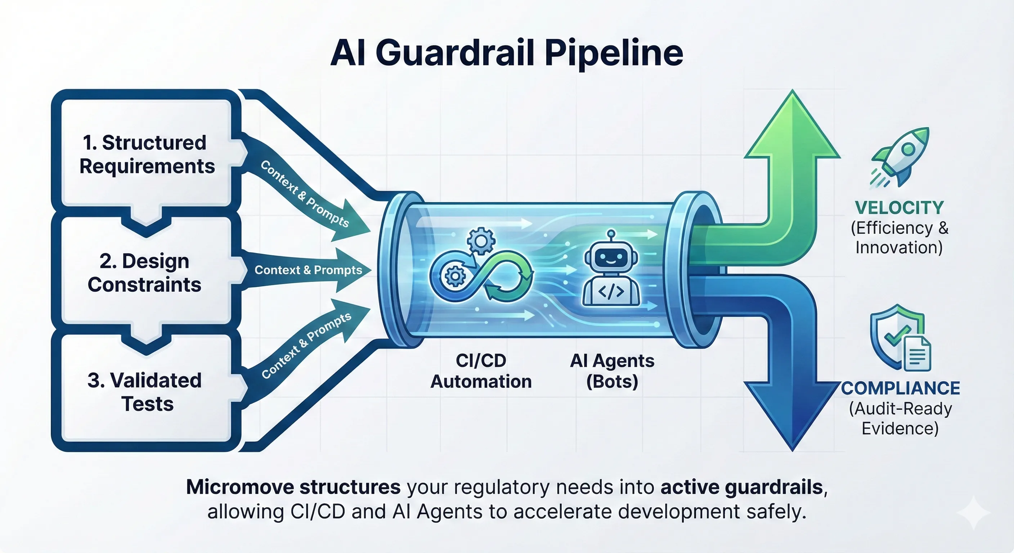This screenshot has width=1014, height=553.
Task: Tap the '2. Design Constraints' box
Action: pyautogui.click(x=145, y=273)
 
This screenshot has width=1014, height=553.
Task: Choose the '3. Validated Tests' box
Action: pyautogui.click(x=145, y=392)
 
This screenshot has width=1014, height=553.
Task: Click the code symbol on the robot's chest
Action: pyautogui.click(x=611, y=292)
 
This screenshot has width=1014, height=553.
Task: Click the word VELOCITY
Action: pyautogui.click(x=899, y=207)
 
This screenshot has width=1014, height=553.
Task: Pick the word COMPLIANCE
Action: pyautogui.click(x=900, y=388)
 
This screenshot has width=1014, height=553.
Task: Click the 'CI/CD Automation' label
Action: pyautogui.click(x=481, y=371)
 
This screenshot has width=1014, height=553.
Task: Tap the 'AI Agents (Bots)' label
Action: pyautogui.click(x=612, y=371)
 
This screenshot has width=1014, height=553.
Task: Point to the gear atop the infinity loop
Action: pyautogui.click(x=481, y=240)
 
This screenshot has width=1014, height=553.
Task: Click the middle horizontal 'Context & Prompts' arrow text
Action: pyautogui.click(x=308, y=270)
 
